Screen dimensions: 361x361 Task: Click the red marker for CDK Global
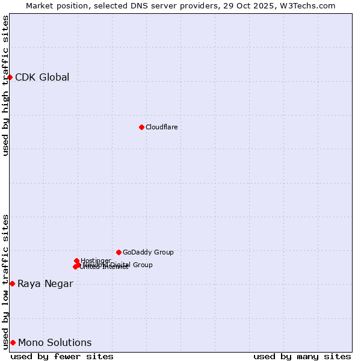pyautogui.click(x=10, y=77)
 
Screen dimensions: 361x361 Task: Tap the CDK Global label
pyautogui.click(x=42, y=77)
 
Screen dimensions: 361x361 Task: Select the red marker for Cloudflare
pyautogui.click(x=141, y=127)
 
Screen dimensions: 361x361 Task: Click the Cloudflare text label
pyautogui.click(x=161, y=127)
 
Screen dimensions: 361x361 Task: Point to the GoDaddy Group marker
pyautogui.click(x=119, y=252)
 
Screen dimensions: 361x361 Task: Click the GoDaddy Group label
pyautogui.click(x=148, y=252)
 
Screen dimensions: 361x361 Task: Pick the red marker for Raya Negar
pyautogui.click(x=12, y=283)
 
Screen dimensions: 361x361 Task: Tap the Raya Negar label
pyautogui.click(x=45, y=284)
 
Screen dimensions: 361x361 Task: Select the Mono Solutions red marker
pyautogui.click(x=13, y=342)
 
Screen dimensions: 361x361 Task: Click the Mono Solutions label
pyautogui.click(x=55, y=343)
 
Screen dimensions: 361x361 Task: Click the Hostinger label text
pyautogui.click(x=96, y=261)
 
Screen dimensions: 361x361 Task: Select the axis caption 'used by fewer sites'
pyautogui.click(x=62, y=356)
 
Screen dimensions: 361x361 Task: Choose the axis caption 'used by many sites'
pyautogui.click(x=302, y=356)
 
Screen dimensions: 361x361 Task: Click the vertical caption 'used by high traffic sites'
pyautogui.click(x=5, y=85)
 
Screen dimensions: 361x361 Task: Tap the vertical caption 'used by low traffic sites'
pyautogui.click(x=5, y=281)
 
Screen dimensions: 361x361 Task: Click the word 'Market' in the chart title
pyautogui.click(x=40, y=5)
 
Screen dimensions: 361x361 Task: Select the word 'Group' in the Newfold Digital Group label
pyautogui.click(x=142, y=265)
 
